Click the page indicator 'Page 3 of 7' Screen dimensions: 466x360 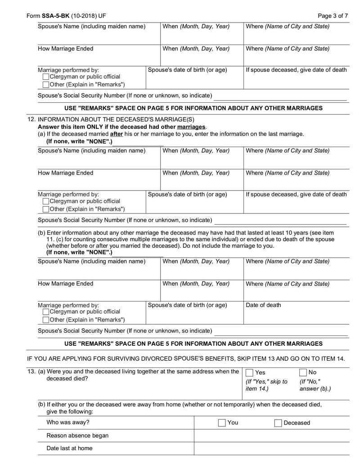pos(333,16)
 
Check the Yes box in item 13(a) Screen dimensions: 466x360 pos(250,372)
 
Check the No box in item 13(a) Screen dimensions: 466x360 pos(303,372)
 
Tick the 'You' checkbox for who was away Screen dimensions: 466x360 pos(222,423)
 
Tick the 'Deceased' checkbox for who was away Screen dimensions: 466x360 pos(278,423)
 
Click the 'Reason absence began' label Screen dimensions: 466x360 pos(77,436)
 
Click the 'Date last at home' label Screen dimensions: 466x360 pos(69,448)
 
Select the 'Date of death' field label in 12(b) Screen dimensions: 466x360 pos(263,305)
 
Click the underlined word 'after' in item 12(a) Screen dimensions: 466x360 pos(117,134)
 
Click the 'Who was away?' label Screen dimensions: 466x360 pos(68,423)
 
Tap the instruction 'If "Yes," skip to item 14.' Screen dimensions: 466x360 pos(266,385)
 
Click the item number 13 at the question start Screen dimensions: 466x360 pos(31,371)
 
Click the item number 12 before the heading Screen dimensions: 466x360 pos(31,120)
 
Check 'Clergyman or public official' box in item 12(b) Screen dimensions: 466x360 pos(46,312)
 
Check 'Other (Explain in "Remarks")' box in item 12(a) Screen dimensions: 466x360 pos(46,209)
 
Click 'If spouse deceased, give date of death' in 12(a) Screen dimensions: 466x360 pos(297,195)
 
